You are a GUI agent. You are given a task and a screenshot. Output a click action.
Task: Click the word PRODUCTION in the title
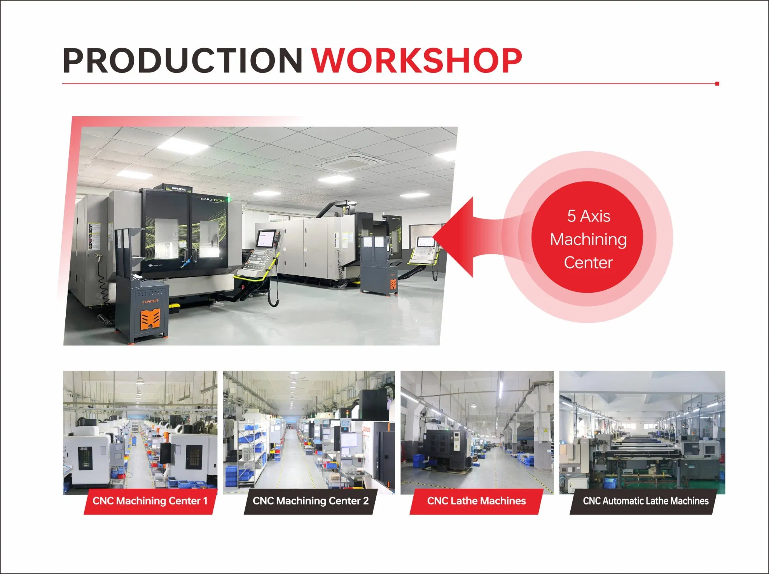click(183, 61)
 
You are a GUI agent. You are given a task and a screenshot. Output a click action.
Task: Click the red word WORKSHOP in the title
click(417, 61)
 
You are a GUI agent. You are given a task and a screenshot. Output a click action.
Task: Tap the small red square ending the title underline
click(717, 84)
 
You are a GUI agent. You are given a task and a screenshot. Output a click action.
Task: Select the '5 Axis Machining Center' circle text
click(588, 239)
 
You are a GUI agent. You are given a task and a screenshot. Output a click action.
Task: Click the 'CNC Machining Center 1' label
click(150, 501)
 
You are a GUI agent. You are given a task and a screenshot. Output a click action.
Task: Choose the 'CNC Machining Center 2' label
click(310, 501)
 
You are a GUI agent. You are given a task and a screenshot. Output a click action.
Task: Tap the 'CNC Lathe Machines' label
click(476, 501)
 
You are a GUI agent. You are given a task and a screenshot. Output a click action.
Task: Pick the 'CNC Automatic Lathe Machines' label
click(645, 501)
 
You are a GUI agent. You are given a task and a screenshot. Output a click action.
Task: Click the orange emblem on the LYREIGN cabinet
click(150, 320)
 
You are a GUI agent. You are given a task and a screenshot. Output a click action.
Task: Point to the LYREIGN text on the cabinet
click(150, 301)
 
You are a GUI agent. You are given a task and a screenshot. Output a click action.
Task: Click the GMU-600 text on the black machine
click(212, 200)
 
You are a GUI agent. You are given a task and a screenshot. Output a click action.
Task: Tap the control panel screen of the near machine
click(266, 238)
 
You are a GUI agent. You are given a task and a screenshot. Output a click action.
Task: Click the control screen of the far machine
click(425, 242)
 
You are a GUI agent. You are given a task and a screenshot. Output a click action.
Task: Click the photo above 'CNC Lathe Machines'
click(477, 432)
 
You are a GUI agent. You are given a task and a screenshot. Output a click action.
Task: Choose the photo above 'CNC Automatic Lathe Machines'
click(642, 432)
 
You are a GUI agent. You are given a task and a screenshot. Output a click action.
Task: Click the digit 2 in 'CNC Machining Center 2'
click(366, 501)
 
